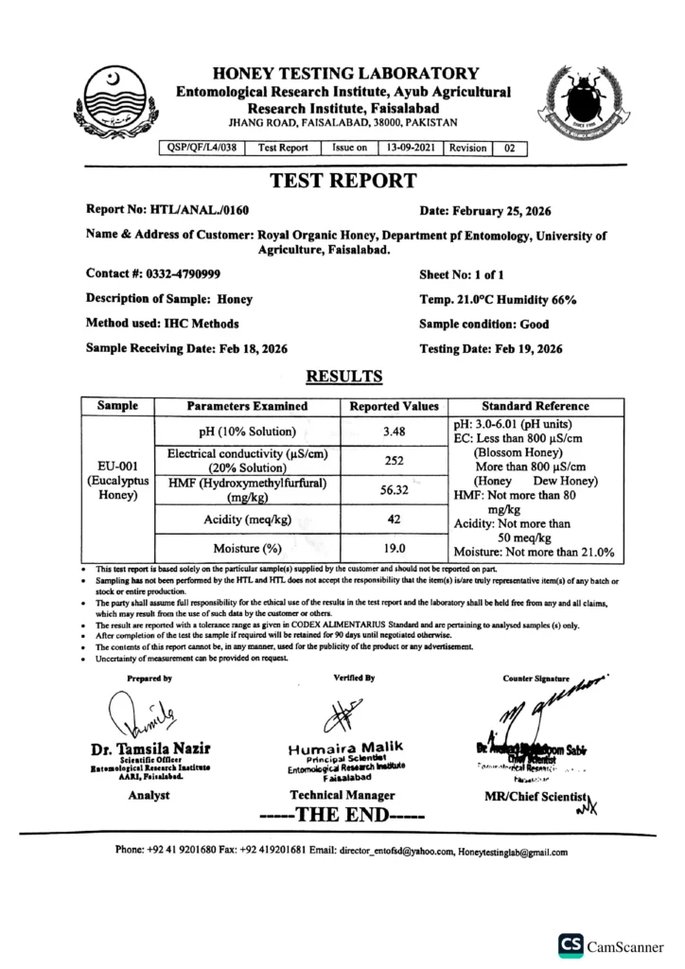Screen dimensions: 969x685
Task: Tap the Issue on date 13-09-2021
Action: pos(411,148)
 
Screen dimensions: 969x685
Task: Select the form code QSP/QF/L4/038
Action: pos(203,148)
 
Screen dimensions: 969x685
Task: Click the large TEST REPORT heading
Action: pos(342,181)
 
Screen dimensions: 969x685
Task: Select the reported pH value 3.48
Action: pos(394,432)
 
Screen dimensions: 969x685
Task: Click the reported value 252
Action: pos(394,461)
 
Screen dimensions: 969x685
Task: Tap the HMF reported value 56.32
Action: pos(394,490)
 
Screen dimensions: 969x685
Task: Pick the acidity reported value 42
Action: pos(394,519)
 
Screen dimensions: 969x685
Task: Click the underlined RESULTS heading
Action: pos(343,377)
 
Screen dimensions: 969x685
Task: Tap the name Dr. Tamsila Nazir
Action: pos(150,748)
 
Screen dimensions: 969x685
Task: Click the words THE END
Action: pos(342,815)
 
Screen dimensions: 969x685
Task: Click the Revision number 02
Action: pos(510,148)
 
